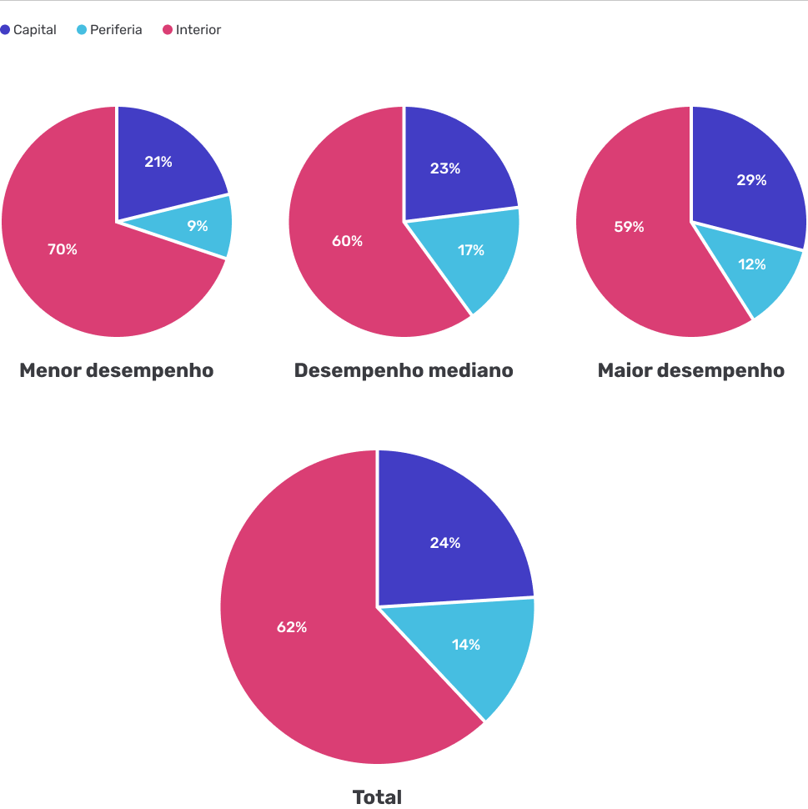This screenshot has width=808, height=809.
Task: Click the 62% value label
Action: pos(292,627)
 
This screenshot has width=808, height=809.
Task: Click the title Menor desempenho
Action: pos(117,370)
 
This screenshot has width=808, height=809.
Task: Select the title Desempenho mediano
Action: pos(404,370)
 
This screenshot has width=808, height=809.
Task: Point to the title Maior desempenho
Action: pos(690,370)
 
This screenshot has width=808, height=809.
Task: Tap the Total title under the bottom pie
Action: pos(377,797)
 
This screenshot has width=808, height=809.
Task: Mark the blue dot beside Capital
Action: pos(6,30)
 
